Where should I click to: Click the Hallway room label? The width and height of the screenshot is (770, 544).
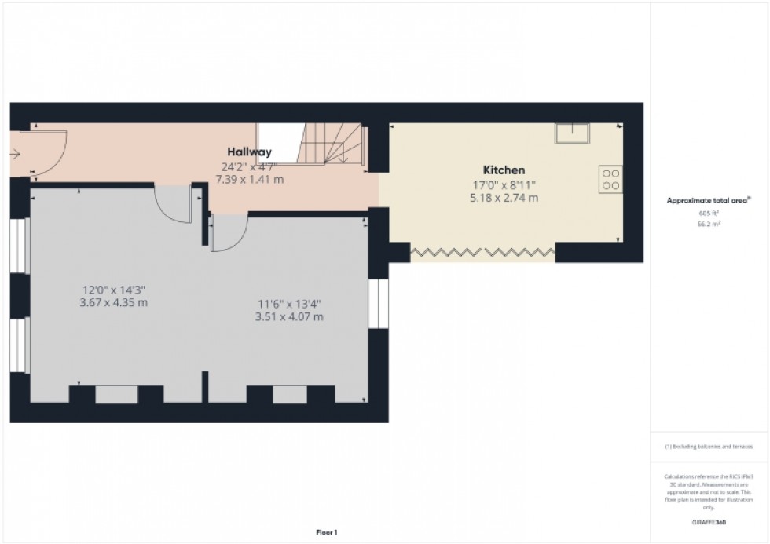(x=250, y=152)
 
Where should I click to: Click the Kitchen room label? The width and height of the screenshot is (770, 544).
(x=504, y=170)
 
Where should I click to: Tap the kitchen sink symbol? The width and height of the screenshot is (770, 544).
(x=571, y=134)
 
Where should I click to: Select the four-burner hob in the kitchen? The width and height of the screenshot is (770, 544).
(x=610, y=178)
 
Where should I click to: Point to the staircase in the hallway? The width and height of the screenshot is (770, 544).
(x=331, y=144)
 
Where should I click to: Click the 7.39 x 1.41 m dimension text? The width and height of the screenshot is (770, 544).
(x=250, y=180)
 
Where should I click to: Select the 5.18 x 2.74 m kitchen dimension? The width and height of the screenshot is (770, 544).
(x=504, y=198)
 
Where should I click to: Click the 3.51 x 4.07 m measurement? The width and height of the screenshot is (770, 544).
(x=289, y=317)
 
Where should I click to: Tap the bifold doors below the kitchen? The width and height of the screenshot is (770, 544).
(x=482, y=253)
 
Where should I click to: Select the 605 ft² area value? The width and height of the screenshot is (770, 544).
(x=709, y=213)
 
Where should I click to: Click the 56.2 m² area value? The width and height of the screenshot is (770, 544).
(x=709, y=223)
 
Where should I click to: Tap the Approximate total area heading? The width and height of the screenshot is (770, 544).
(x=708, y=201)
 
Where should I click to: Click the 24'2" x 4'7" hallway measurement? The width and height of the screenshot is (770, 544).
(x=250, y=166)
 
